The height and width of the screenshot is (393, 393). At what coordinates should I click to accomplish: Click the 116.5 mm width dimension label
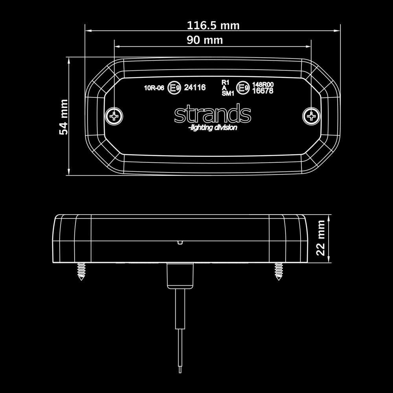pos(213,26)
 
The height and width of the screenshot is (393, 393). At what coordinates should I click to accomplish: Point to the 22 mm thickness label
pos(321,238)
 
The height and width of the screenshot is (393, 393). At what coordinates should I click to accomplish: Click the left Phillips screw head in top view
pos(114,116)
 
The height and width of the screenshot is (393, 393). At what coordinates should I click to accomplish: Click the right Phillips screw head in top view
pos(312,116)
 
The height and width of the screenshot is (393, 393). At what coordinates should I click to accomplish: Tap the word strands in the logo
pos(213,114)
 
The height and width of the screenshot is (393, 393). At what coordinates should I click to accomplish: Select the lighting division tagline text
pos(213,128)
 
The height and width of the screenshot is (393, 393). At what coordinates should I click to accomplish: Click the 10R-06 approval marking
pos(154,88)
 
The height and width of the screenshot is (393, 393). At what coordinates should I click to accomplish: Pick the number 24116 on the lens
pos(195,88)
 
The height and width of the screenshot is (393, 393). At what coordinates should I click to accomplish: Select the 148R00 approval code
pos(263,84)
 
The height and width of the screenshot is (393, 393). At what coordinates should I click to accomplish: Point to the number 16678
pos(263,91)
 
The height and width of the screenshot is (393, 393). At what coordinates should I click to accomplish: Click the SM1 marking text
pos(228,94)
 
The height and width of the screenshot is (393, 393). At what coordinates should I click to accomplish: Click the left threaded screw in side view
pos(82,271)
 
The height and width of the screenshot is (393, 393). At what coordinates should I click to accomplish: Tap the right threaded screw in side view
pos(279,271)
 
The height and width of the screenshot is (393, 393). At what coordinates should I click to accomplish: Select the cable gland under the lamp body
pos(180,276)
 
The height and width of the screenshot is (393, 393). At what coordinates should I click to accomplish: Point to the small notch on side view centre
pos(180,242)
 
